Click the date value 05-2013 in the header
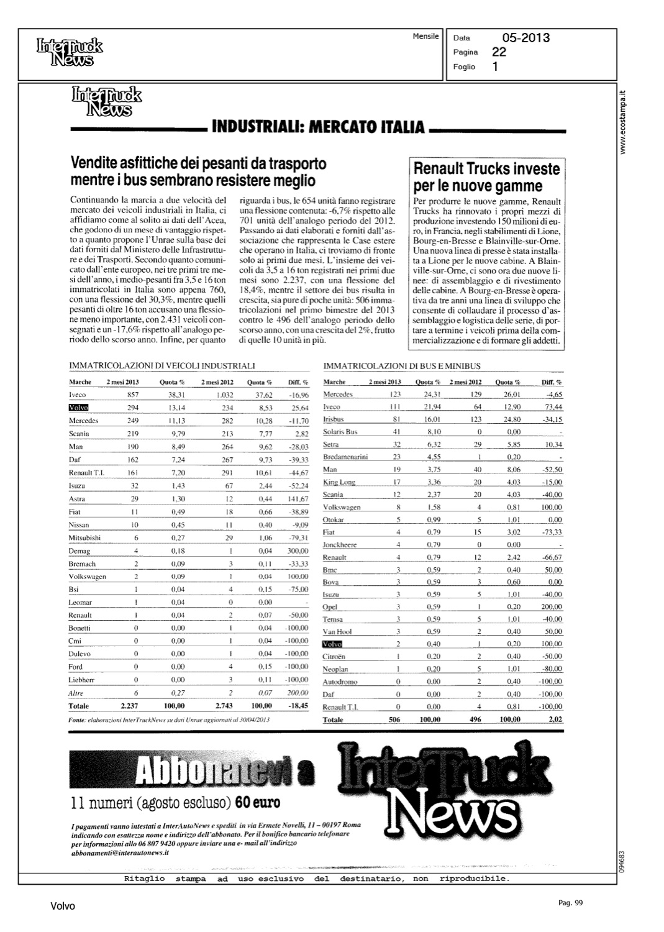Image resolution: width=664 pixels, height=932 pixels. [x=526, y=38]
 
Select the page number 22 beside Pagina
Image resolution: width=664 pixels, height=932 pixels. [x=499, y=52]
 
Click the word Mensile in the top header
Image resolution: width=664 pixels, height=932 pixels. [x=425, y=37]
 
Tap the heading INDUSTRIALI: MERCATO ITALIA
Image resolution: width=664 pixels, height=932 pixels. [x=318, y=128]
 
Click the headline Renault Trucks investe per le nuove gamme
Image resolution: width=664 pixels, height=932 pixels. [x=486, y=177]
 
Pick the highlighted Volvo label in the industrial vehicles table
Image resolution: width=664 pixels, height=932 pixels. [x=79, y=408]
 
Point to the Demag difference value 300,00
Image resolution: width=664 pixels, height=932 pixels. [x=298, y=551]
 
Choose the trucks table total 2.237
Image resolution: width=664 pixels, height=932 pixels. [x=129, y=706]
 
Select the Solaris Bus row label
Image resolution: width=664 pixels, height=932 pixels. [x=340, y=432]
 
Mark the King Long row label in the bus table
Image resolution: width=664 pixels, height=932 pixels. [x=339, y=482]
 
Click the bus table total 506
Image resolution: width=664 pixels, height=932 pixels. [x=394, y=720]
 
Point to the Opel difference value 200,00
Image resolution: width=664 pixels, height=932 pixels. [x=551, y=607]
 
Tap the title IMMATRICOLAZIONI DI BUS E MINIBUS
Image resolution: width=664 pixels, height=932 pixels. [x=402, y=367]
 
